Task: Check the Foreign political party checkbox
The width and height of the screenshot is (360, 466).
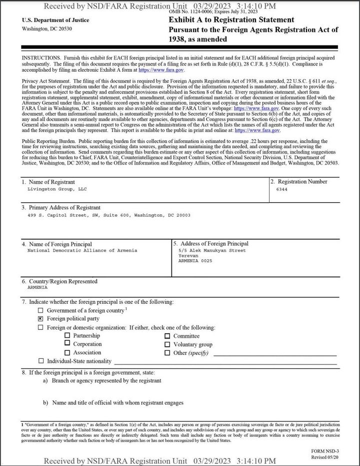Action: click(x=41, y=318)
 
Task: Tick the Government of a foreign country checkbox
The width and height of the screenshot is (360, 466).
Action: click(x=41, y=310)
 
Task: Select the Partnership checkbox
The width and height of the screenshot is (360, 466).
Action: click(x=67, y=336)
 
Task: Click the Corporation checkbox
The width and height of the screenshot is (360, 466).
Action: click(x=67, y=344)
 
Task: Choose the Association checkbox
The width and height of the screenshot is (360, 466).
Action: click(x=67, y=353)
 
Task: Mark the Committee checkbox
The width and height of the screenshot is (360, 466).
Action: click(x=167, y=336)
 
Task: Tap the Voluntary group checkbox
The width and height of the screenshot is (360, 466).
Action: click(x=167, y=344)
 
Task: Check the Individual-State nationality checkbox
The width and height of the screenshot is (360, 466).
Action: click(x=41, y=361)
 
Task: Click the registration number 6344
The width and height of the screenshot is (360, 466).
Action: click(x=282, y=190)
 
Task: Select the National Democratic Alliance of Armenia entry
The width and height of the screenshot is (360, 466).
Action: click(x=82, y=250)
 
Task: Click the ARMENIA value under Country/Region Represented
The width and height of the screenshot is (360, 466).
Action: click(x=37, y=288)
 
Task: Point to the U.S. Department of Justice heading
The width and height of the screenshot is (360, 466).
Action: click(x=55, y=20)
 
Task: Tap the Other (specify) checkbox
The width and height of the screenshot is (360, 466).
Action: click(x=167, y=353)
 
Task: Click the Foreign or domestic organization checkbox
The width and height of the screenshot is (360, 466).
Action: click(x=41, y=328)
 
